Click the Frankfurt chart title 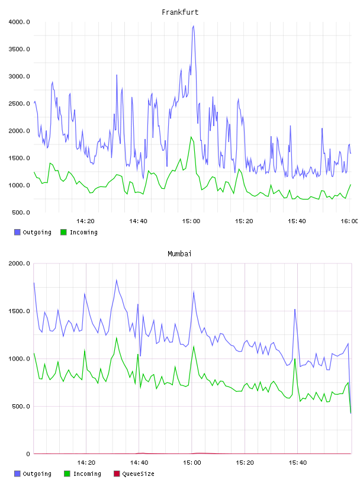point(180,12)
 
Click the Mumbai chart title point(179,254)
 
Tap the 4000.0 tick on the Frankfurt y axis point(19,22)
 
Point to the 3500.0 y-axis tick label point(19,49)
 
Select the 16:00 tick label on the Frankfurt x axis point(349,221)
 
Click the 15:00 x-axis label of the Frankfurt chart point(191,221)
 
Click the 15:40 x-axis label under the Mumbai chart point(298,462)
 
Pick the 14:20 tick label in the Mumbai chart point(86,462)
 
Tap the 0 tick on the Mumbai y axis point(28,454)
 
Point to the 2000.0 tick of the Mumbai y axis point(19,263)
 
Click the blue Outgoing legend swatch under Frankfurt point(17,232)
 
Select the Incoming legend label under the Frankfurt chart point(83,232)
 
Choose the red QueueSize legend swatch point(117,474)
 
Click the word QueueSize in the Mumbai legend point(138,474)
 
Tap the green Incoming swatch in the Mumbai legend point(67,474)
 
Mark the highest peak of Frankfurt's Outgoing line point(193,26)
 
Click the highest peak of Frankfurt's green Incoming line point(191,137)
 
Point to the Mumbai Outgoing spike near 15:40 point(295,310)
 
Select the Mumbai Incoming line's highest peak point(117,338)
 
